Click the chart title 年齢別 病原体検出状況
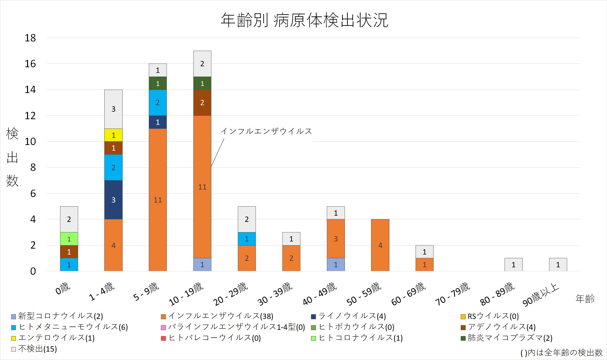coord(304,20)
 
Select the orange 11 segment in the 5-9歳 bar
coord(158,200)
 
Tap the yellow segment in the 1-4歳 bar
coord(113,135)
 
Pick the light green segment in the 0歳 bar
coord(69,239)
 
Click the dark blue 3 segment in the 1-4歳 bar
coord(113,200)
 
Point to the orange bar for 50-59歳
coord(380,245)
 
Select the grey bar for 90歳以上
coord(558,265)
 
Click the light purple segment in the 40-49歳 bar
coord(336,265)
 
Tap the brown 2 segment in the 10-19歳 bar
coord(202,103)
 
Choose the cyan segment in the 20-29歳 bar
coord(247,239)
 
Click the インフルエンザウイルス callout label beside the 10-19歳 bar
coord(266,131)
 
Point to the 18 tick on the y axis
coord(30,38)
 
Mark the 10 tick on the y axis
coord(30,142)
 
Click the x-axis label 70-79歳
coord(453,293)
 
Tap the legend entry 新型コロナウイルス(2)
coord(57,316)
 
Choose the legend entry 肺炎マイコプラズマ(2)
coord(507,338)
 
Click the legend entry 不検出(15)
coord(34,349)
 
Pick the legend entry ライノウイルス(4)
coord(349,316)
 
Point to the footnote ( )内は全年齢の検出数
coord(562,353)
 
